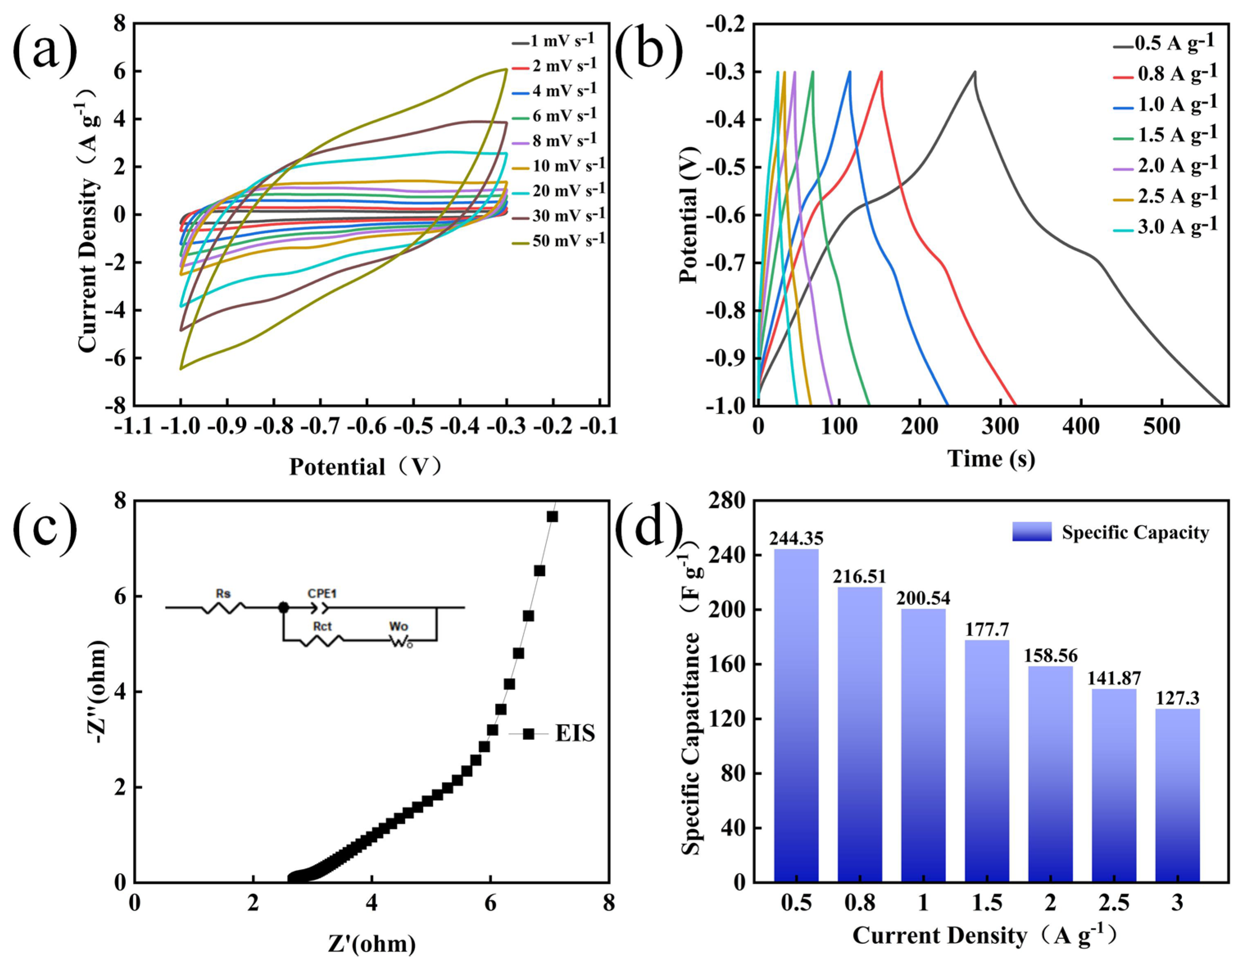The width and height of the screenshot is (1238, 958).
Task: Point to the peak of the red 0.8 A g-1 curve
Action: coord(881,72)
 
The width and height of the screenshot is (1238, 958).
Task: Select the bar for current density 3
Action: coord(1177,793)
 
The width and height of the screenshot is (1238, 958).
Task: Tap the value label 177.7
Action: coord(987,629)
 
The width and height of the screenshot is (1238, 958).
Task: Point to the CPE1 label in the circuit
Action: coord(322,594)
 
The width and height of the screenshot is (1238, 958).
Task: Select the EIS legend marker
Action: coord(528,734)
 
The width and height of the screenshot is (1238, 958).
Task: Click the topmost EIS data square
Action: coord(552,516)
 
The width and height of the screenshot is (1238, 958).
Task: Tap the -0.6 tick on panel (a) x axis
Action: coord(367,426)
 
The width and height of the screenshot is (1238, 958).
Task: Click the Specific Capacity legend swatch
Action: coord(1032,531)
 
